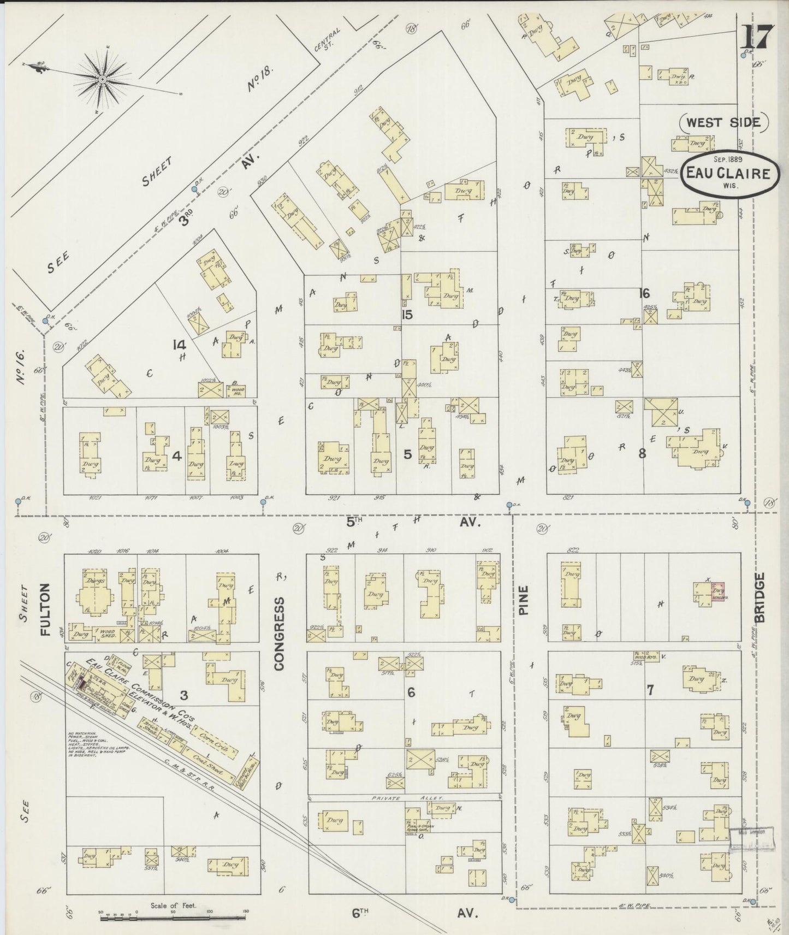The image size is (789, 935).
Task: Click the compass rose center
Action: point(102,80)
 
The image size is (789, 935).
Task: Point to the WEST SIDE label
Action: point(723,122)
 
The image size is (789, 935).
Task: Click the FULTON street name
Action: point(45,608)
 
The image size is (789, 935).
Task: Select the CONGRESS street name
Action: point(280,633)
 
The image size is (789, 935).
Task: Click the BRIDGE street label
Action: point(760,597)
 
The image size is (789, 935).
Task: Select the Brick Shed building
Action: point(149,729)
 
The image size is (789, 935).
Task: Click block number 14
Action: point(179,345)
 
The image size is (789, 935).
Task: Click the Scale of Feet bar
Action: point(173,916)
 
